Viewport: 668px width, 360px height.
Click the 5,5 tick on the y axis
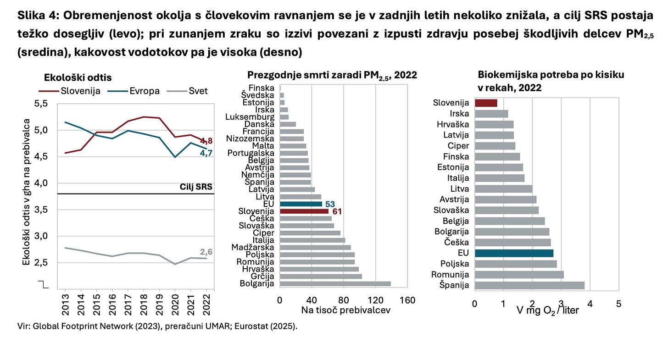tap(40, 104)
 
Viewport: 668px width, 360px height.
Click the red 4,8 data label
tap(206, 141)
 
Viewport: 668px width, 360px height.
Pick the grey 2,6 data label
tap(206, 252)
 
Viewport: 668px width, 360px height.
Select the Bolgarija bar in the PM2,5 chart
tap(335, 283)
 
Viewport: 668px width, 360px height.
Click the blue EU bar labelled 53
tap(301, 204)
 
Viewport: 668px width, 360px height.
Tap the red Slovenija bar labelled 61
tap(304, 211)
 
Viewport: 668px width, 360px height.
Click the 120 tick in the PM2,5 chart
tap(376, 300)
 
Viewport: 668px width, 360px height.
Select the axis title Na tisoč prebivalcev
tap(345, 310)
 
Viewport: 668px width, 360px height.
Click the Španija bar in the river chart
tap(529, 285)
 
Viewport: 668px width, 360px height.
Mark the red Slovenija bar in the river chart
tap(486, 103)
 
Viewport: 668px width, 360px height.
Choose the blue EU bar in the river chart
tap(514, 253)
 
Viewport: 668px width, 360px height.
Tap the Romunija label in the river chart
tap(450, 274)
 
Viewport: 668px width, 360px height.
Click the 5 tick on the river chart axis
tap(619, 304)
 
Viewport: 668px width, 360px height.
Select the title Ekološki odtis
tap(78, 78)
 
